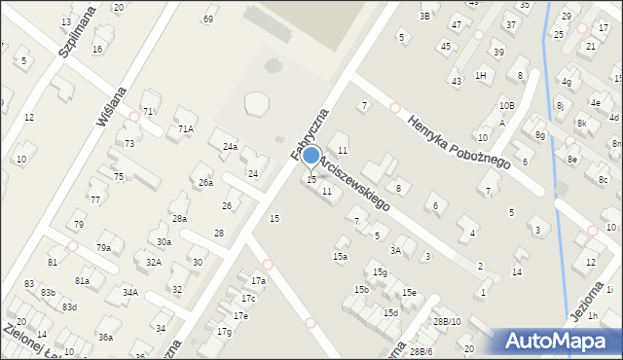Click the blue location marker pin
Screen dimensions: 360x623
(x=311, y=157)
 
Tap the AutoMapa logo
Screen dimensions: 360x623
(x=558, y=341)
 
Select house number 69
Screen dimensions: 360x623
(x=207, y=19)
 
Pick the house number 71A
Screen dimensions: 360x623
(x=185, y=128)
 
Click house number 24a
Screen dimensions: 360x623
(x=230, y=147)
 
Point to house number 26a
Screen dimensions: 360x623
(x=205, y=182)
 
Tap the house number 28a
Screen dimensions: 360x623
(x=179, y=219)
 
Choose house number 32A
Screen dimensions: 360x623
(x=154, y=262)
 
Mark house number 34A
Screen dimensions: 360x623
(x=129, y=292)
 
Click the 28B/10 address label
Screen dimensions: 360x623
(x=447, y=321)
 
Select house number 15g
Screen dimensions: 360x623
(x=379, y=272)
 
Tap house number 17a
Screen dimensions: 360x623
(x=258, y=281)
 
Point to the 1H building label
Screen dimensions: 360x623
(x=480, y=75)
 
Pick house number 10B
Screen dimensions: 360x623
(x=506, y=105)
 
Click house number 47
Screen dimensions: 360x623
(x=456, y=23)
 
